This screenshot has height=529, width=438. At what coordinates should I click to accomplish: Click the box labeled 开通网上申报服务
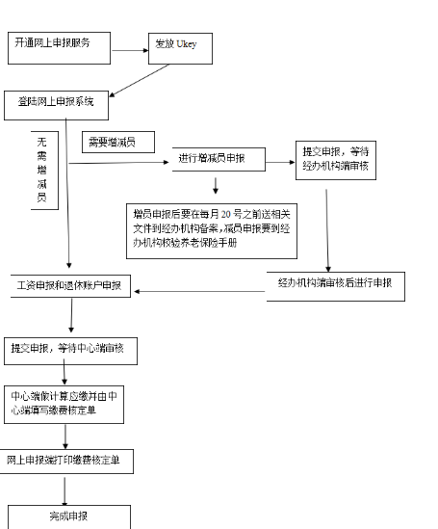click(60, 44)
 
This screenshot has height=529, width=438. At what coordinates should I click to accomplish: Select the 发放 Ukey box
click(179, 48)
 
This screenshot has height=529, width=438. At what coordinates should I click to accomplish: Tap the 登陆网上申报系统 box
click(63, 100)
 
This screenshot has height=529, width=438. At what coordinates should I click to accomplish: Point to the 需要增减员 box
click(117, 144)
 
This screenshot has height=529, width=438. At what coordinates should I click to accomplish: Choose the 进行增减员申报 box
click(219, 159)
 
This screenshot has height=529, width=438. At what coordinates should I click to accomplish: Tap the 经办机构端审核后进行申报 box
click(335, 286)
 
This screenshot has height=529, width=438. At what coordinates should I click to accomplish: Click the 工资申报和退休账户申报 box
click(69, 286)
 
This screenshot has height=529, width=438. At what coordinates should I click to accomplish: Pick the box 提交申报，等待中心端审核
click(70, 349)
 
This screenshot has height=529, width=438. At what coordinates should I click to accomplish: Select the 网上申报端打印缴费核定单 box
click(66, 461)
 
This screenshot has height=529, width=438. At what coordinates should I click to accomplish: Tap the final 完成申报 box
click(68, 516)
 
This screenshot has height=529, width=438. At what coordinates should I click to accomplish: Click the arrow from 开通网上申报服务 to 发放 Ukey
click(130, 45)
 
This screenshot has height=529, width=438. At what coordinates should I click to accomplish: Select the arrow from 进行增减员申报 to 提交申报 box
click(280, 163)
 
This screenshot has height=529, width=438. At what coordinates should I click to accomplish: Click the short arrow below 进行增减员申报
click(215, 184)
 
